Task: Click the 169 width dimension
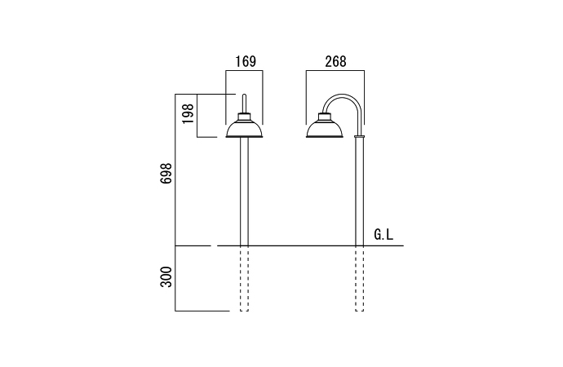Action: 246,62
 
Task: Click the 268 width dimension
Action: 335,62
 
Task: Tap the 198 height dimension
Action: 188,114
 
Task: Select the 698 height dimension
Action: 166,174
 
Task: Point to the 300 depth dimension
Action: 166,276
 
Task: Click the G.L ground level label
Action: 383,235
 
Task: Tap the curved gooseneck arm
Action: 344,96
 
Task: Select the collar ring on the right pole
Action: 359,136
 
